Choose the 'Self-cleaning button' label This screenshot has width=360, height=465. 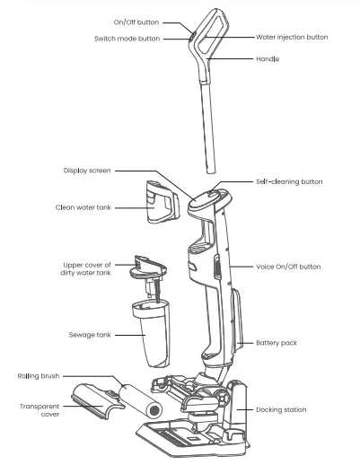point(288,181)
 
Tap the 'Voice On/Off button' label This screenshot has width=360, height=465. point(287,267)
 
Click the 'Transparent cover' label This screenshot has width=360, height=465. point(40,410)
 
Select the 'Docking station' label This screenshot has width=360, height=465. point(282,409)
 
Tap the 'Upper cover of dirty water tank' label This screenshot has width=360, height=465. point(88,269)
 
